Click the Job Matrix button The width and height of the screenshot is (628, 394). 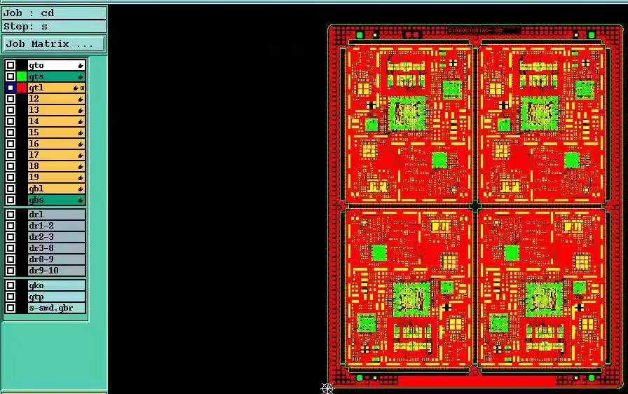(x=53, y=43)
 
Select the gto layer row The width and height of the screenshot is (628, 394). (x=56, y=65)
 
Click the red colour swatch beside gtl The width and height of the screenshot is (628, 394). (x=22, y=88)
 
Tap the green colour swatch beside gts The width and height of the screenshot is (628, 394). (x=22, y=76)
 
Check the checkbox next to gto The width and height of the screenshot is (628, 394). (x=11, y=65)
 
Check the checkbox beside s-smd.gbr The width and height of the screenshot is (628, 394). (x=11, y=308)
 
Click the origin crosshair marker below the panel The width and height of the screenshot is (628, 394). (x=327, y=388)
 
